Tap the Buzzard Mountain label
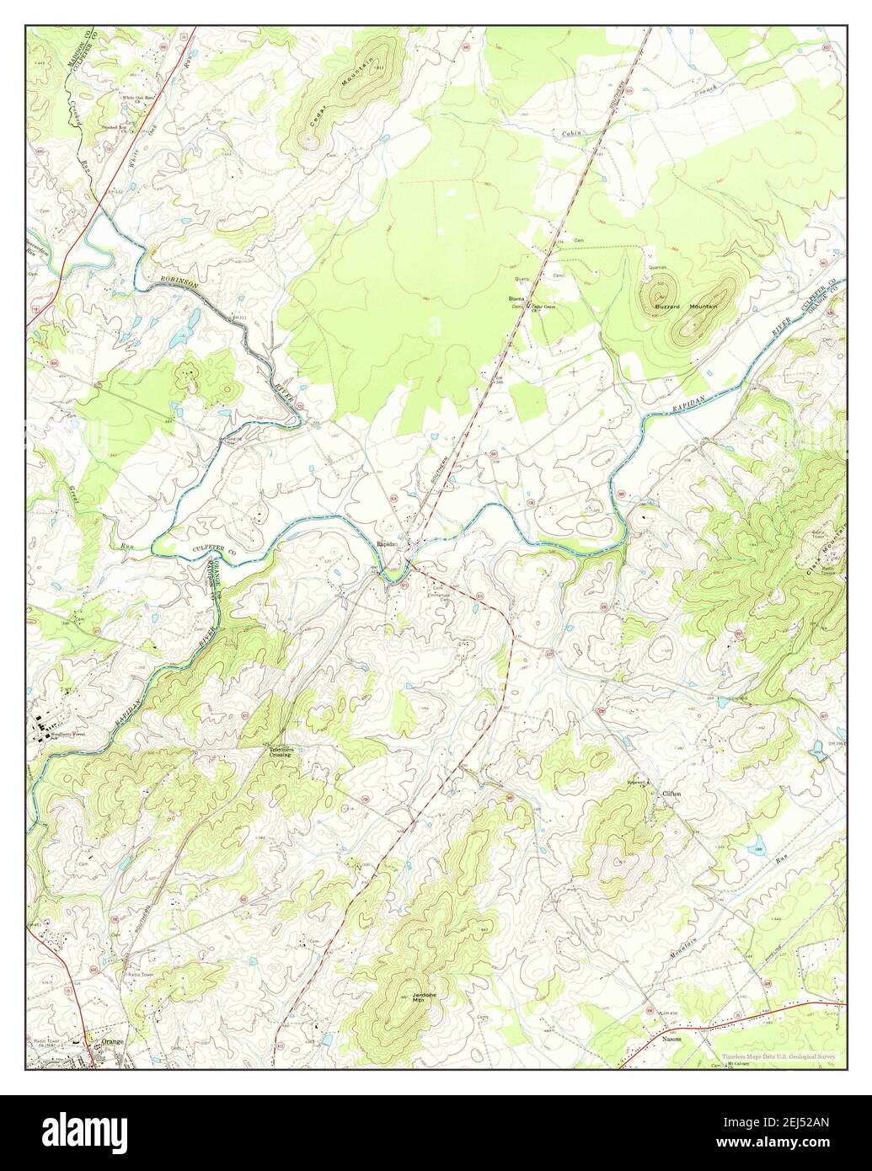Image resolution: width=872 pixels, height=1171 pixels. click(x=688, y=307)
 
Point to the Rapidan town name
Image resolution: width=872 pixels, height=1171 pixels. click(x=386, y=544)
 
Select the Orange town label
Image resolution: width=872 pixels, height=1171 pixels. click(x=112, y=1041)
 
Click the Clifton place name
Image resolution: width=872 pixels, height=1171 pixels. click(x=671, y=794)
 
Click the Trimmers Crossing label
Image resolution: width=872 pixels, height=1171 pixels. click(x=281, y=751)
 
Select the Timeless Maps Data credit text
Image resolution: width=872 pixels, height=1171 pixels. click(x=781, y=1056)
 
